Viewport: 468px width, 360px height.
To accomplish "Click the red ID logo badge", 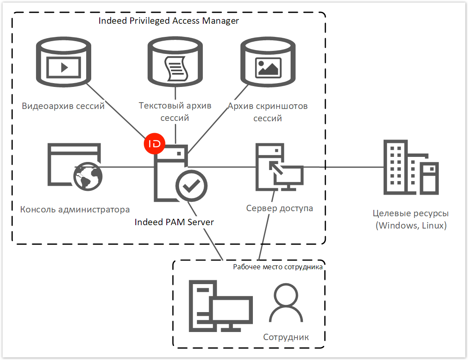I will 155,144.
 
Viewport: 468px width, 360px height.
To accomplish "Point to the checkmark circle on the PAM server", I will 191,185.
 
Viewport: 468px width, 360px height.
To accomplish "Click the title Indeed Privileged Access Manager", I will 168,21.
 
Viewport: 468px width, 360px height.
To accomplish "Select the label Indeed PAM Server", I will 174,222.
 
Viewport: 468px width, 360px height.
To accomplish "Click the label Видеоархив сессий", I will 63,106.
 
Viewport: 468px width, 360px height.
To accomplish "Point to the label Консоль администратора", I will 75,209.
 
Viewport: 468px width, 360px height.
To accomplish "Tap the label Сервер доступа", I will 280,208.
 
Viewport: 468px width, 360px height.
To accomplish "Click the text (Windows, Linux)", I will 411,225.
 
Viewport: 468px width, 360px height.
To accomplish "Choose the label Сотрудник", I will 286,337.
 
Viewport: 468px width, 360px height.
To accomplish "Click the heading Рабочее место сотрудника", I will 278,267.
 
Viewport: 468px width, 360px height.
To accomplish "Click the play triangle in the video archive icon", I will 64,67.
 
